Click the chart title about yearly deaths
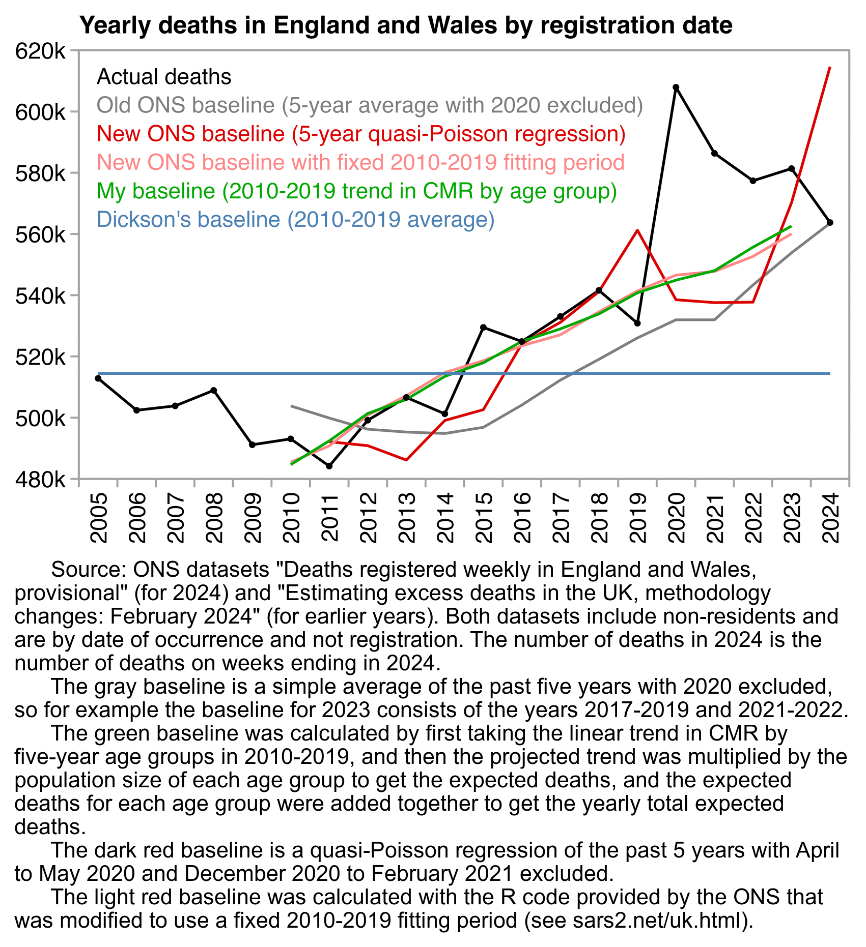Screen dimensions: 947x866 [x=406, y=25]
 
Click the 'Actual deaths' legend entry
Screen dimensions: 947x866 [x=164, y=77]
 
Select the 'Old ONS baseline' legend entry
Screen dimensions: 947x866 [x=370, y=105]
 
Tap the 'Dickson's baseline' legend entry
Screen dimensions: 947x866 [x=295, y=219]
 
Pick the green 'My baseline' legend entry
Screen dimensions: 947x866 [x=356, y=191]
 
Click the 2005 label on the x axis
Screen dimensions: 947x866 [x=99, y=518]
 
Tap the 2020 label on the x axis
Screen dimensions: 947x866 [x=676, y=518]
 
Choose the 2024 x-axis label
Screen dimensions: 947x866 [x=830, y=518]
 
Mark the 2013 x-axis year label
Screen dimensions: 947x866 [x=407, y=518]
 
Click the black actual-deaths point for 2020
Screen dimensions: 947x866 [x=676, y=87]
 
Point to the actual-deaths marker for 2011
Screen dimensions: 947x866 [x=329, y=466]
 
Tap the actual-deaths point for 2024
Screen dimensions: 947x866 [x=830, y=223]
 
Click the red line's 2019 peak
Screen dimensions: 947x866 [x=637, y=230]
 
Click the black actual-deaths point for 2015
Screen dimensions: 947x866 [x=484, y=327]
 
